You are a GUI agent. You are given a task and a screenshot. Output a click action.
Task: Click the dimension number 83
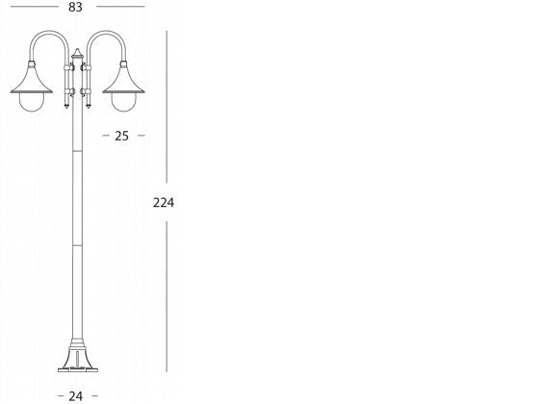[x=76, y=8]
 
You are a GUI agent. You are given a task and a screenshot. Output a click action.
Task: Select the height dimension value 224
[x=166, y=202]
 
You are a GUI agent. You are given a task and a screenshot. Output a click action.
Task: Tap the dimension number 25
[x=122, y=136]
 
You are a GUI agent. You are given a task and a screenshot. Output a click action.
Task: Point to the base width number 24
[x=76, y=395]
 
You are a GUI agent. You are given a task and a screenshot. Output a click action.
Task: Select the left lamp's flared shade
[x=31, y=77]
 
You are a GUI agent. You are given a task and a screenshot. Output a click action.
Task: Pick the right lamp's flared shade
[x=122, y=77]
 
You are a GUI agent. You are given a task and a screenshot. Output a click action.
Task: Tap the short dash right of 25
[x=141, y=136]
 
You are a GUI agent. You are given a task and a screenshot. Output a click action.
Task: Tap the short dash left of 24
[x=60, y=395]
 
